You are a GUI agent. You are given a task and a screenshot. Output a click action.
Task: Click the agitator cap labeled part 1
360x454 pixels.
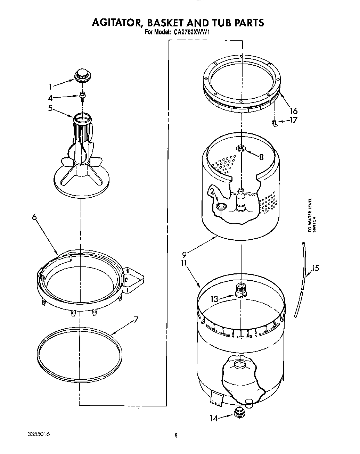82,75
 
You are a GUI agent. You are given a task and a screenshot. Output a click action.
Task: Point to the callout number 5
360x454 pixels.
51,108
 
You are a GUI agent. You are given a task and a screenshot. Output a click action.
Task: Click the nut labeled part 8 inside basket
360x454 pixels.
240,148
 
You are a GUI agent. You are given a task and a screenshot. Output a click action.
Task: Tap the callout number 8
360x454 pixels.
261,157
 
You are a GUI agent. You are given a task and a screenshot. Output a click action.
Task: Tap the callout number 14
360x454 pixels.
213,419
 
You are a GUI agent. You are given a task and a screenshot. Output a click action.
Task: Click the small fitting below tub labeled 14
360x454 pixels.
238,412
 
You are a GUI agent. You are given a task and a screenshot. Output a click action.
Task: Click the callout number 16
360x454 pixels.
294,111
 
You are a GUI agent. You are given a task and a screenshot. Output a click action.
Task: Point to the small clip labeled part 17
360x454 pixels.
274,123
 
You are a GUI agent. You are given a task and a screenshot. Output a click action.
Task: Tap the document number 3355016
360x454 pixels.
39,435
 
